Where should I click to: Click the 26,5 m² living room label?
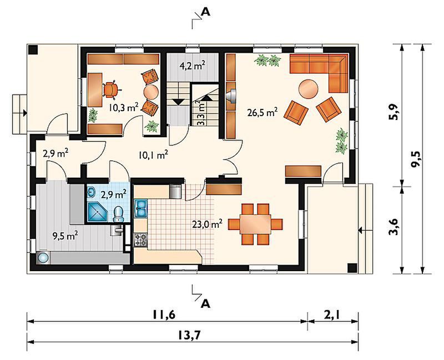pyautogui.click(x=262, y=112)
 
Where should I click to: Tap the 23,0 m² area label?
pyautogui.click(x=207, y=224)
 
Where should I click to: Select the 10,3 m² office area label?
pyautogui.click(x=124, y=107)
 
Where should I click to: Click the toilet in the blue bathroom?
pyautogui.click(x=118, y=214)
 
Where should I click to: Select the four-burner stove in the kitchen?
pyautogui.click(x=141, y=239)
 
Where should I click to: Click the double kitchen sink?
pyautogui.click(x=141, y=208)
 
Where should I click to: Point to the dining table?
pyautogui.click(x=255, y=224)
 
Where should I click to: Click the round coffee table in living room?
pyautogui.click(x=309, y=89)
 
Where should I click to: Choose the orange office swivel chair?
pyautogui.click(x=111, y=89)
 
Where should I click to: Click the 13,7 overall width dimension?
pyautogui.click(x=189, y=336)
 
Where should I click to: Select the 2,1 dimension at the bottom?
pyautogui.click(x=333, y=315)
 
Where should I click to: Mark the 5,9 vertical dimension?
pyautogui.click(x=393, y=112)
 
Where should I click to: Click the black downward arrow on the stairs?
pyautogui.click(x=178, y=102)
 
